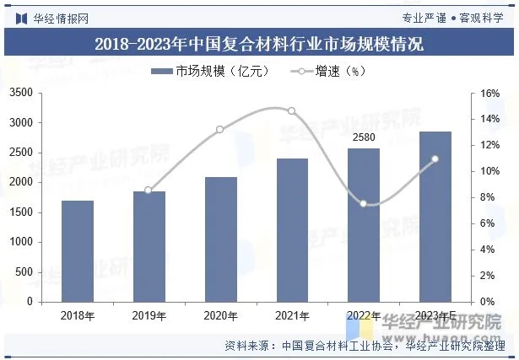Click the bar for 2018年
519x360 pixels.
(x=77, y=250)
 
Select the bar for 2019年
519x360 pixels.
(x=149, y=246)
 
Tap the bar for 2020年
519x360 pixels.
(x=220, y=239)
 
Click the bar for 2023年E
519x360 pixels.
(x=435, y=216)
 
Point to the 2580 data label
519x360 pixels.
(x=364, y=137)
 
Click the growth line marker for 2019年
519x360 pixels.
(x=149, y=191)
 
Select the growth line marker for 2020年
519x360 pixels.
(x=220, y=129)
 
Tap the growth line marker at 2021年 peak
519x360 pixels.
(x=292, y=110)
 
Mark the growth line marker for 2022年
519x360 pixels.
(x=364, y=203)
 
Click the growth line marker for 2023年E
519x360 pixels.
(x=435, y=159)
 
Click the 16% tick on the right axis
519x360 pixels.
(x=492, y=93)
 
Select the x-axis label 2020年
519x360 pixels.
(x=220, y=314)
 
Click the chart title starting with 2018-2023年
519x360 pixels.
(x=259, y=44)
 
